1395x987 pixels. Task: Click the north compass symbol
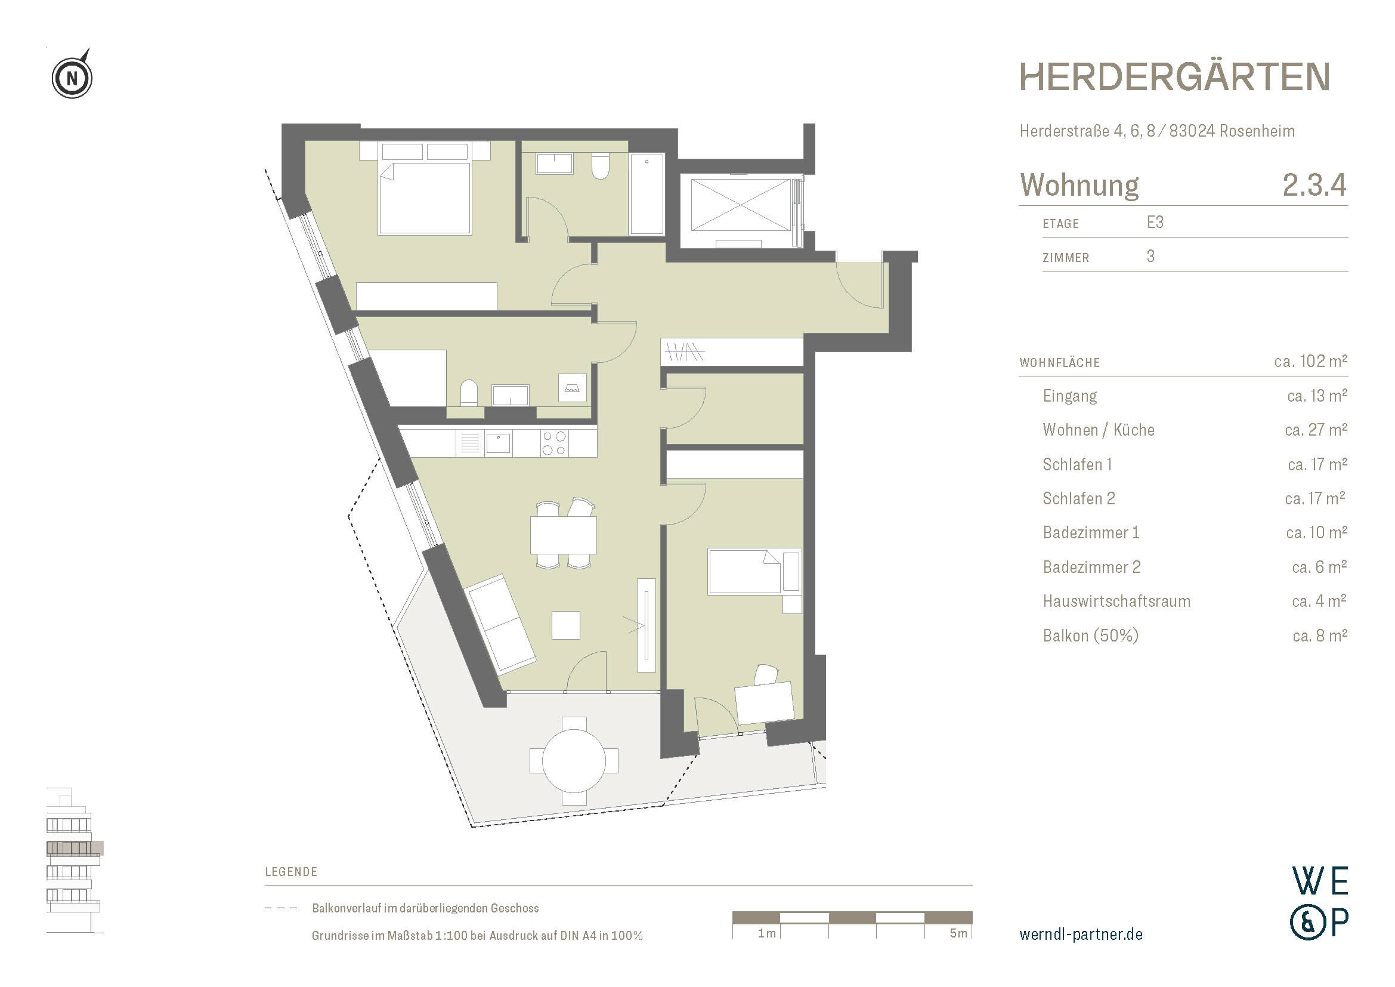coord(72,78)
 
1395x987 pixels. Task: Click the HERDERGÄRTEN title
coord(1174,77)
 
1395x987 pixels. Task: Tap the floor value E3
coord(1155,223)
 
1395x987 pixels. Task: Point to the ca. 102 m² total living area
coord(1310,362)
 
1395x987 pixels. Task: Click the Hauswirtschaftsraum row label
coord(1116,602)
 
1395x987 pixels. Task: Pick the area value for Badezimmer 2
coord(1319,567)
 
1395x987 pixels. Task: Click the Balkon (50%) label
coord(1090,636)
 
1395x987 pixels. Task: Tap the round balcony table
coord(574,760)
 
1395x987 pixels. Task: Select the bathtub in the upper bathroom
coord(647,193)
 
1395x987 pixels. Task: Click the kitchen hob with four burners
coord(554,443)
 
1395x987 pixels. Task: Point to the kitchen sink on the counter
coord(499,443)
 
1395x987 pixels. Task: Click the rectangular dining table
coord(563,535)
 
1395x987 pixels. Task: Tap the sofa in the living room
coord(500,625)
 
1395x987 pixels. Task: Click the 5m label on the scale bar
coord(958,933)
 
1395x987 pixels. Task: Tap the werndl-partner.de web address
coord(1080,934)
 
